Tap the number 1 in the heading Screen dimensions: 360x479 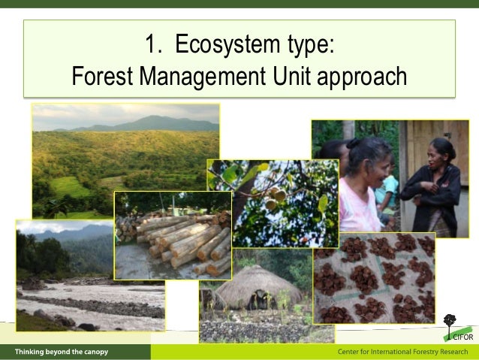[x=151, y=45]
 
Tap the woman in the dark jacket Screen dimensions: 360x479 [x=433, y=188]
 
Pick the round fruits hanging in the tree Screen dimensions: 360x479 [x=274, y=197]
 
